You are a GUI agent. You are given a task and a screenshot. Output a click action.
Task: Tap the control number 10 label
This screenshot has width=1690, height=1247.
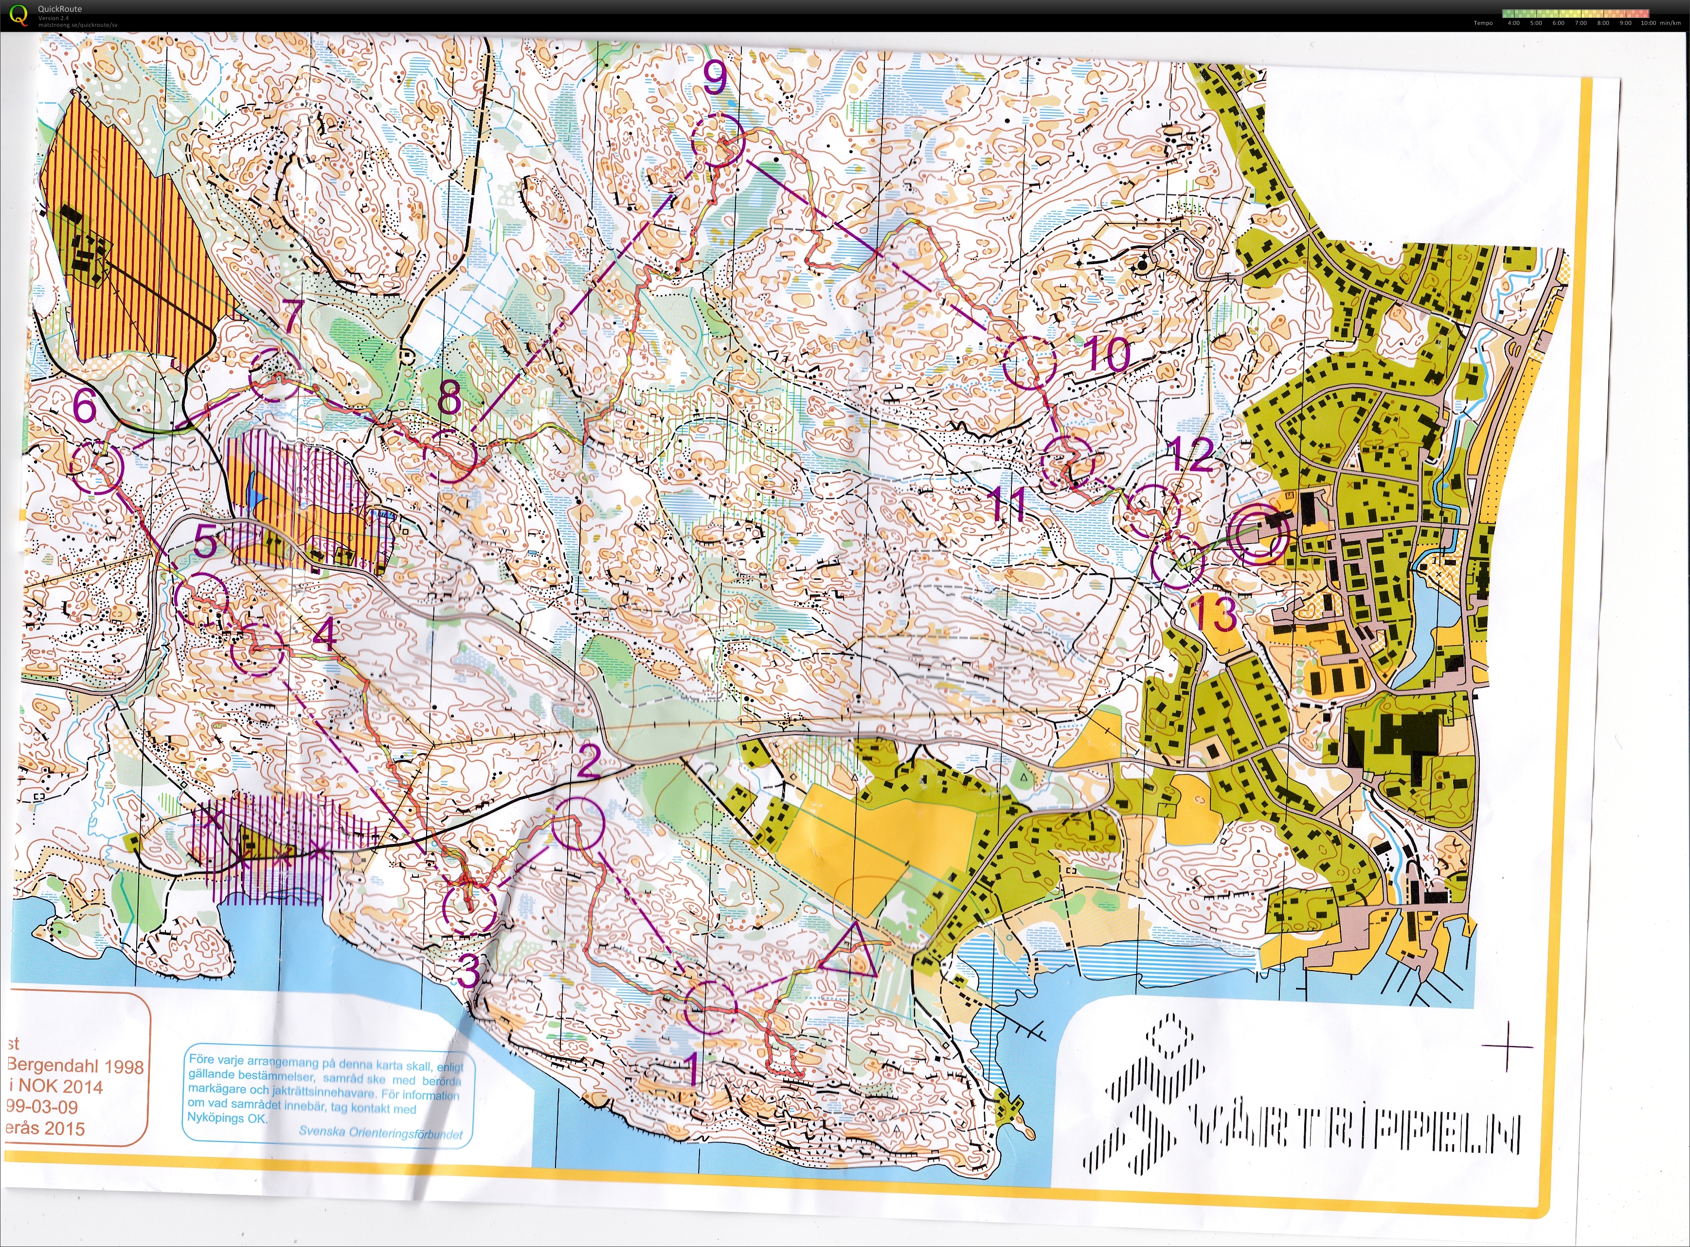click(1107, 355)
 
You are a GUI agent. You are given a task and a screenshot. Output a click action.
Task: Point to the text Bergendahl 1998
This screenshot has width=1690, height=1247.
click(75, 1066)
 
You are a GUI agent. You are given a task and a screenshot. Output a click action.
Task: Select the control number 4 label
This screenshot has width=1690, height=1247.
click(324, 634)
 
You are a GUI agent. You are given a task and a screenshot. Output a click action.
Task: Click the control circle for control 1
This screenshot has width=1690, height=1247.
click(709, 1007)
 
